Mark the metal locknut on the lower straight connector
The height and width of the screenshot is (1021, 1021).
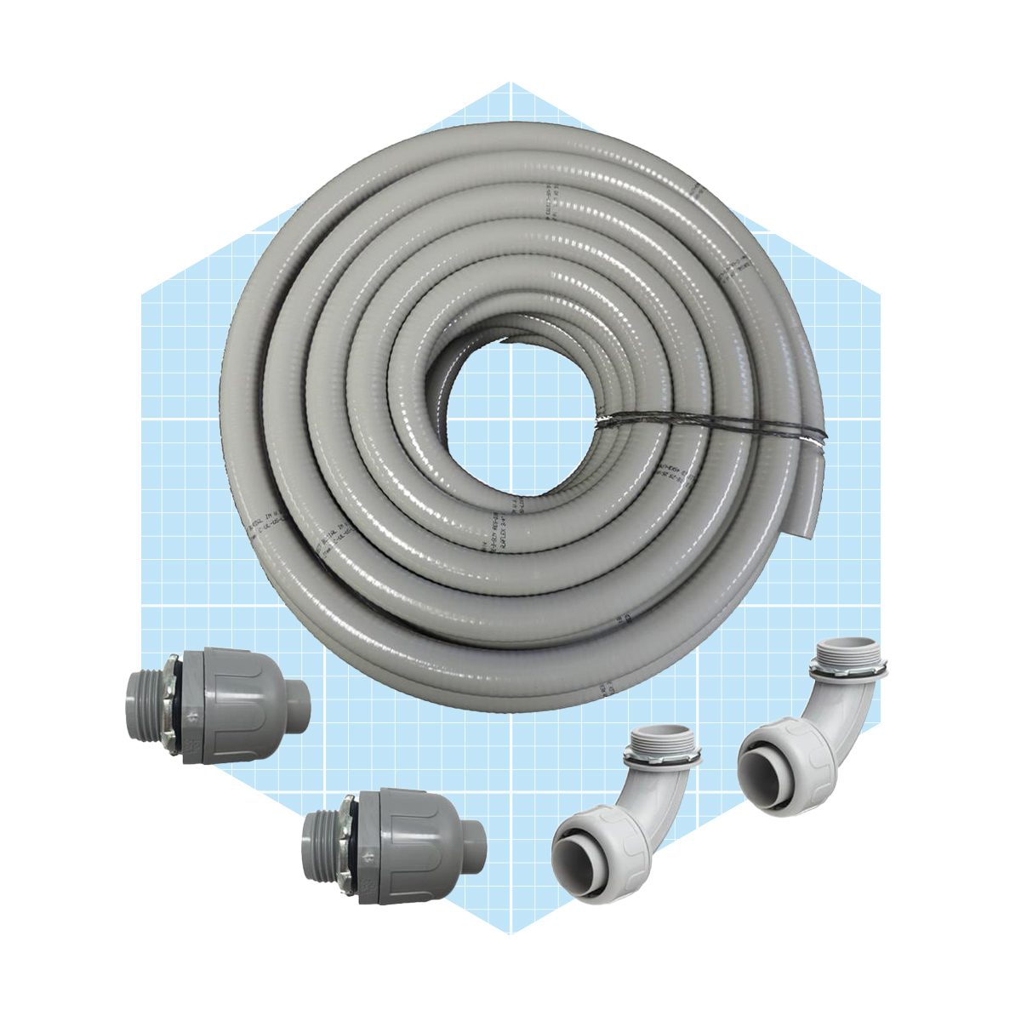351,837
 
